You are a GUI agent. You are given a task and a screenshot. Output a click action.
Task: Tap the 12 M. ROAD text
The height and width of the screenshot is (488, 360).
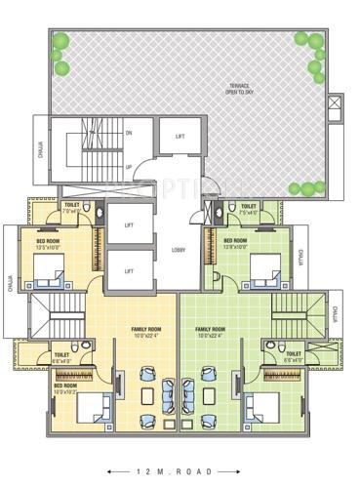(180, 471)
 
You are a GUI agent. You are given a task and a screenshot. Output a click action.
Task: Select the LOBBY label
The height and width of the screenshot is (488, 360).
(179, 250)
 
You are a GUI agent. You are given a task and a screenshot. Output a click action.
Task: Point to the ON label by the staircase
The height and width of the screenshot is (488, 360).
(129, 133)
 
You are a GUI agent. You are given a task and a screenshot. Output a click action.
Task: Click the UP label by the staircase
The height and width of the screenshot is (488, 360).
(129, 166)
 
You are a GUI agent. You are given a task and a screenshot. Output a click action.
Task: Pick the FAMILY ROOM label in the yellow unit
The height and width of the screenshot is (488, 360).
(146, 332)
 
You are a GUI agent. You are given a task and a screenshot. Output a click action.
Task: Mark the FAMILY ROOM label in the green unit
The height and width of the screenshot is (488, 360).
(210, 332)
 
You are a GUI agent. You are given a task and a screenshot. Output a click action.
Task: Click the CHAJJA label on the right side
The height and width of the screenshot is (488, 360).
(333, 314)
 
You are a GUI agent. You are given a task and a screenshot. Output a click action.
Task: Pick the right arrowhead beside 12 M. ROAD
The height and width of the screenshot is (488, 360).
(251, 471)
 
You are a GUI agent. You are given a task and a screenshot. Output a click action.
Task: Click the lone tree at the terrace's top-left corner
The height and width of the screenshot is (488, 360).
(60, 42)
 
